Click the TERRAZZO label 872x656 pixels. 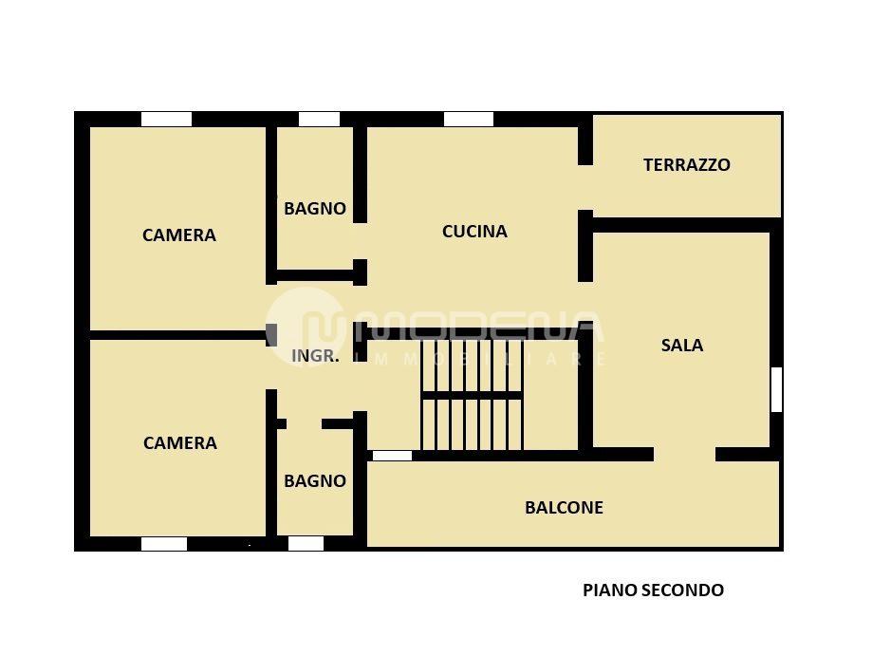tap(686, 164)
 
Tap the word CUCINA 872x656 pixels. tap(474, 231)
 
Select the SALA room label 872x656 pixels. tap(682, 345)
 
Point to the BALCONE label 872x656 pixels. tap(564, 508)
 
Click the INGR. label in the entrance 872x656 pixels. tap(315, 356)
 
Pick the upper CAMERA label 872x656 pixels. tap(179, 234)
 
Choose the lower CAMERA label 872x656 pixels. tap(179, 443)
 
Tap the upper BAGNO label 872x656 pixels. tap(315, 208)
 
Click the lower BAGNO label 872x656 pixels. tap(315, 480)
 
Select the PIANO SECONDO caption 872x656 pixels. tap(653, 590)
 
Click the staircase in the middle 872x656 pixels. tap(472, 394)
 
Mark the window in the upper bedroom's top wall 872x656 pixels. tap(166, 119)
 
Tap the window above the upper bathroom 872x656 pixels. tap(319, 119)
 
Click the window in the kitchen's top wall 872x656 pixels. tap(468, 119)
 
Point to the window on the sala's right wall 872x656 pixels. tap(776, 389)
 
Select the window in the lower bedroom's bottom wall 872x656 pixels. tap(164, 544)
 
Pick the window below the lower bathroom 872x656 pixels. tap(306, 544)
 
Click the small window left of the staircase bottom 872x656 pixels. tap(392, 456)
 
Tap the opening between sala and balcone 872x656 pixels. tap(684, 455)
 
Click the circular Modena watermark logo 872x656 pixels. tap(305, 327)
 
